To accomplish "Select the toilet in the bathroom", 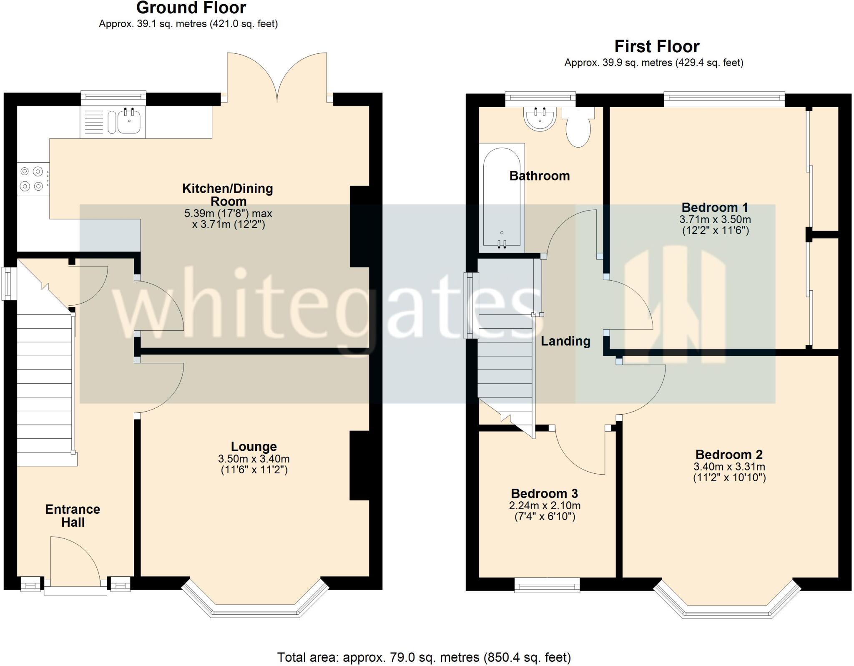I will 578,128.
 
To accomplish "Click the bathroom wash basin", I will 540,119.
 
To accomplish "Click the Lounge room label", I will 254,447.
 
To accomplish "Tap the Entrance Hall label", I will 73,515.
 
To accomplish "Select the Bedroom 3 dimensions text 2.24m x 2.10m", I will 545,505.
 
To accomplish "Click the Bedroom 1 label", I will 715,207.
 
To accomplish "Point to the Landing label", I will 565,341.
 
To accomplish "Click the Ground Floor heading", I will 191,8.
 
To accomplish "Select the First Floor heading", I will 657,46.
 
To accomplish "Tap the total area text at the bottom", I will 424,657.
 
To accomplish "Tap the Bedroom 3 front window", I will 547,585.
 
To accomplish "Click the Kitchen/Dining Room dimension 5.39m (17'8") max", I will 228,214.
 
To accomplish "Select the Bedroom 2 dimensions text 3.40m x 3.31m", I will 729,467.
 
